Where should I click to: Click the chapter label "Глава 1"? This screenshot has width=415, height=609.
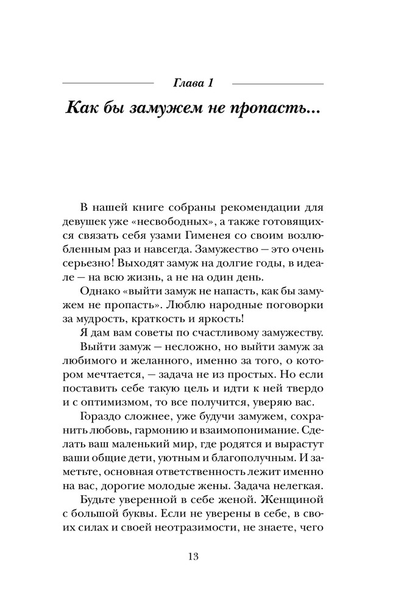[x=193, y=82]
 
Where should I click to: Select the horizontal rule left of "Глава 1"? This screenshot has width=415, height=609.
[x=108, y=83]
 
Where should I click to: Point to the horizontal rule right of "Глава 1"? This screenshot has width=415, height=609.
[x=278, y=83]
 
